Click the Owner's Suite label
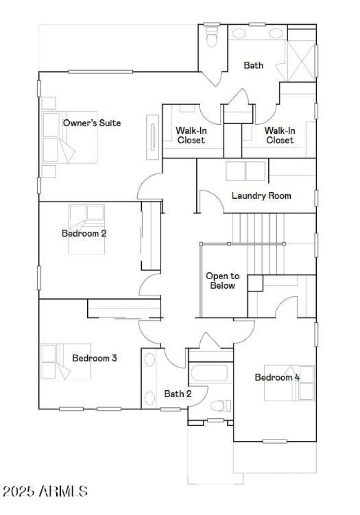coord(92,123)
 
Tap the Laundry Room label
coord(261,196)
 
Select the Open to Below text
coord(223,281)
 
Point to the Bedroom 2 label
coord(84,233)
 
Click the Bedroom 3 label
coord(94,358)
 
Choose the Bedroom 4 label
coord(277,377)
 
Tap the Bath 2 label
coord(178,394)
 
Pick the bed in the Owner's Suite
coord(70,137)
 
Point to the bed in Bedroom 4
coord(289,383)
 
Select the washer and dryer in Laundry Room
coord(246,171)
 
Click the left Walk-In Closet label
coord(190,135)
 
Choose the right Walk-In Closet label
coord(279,135)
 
